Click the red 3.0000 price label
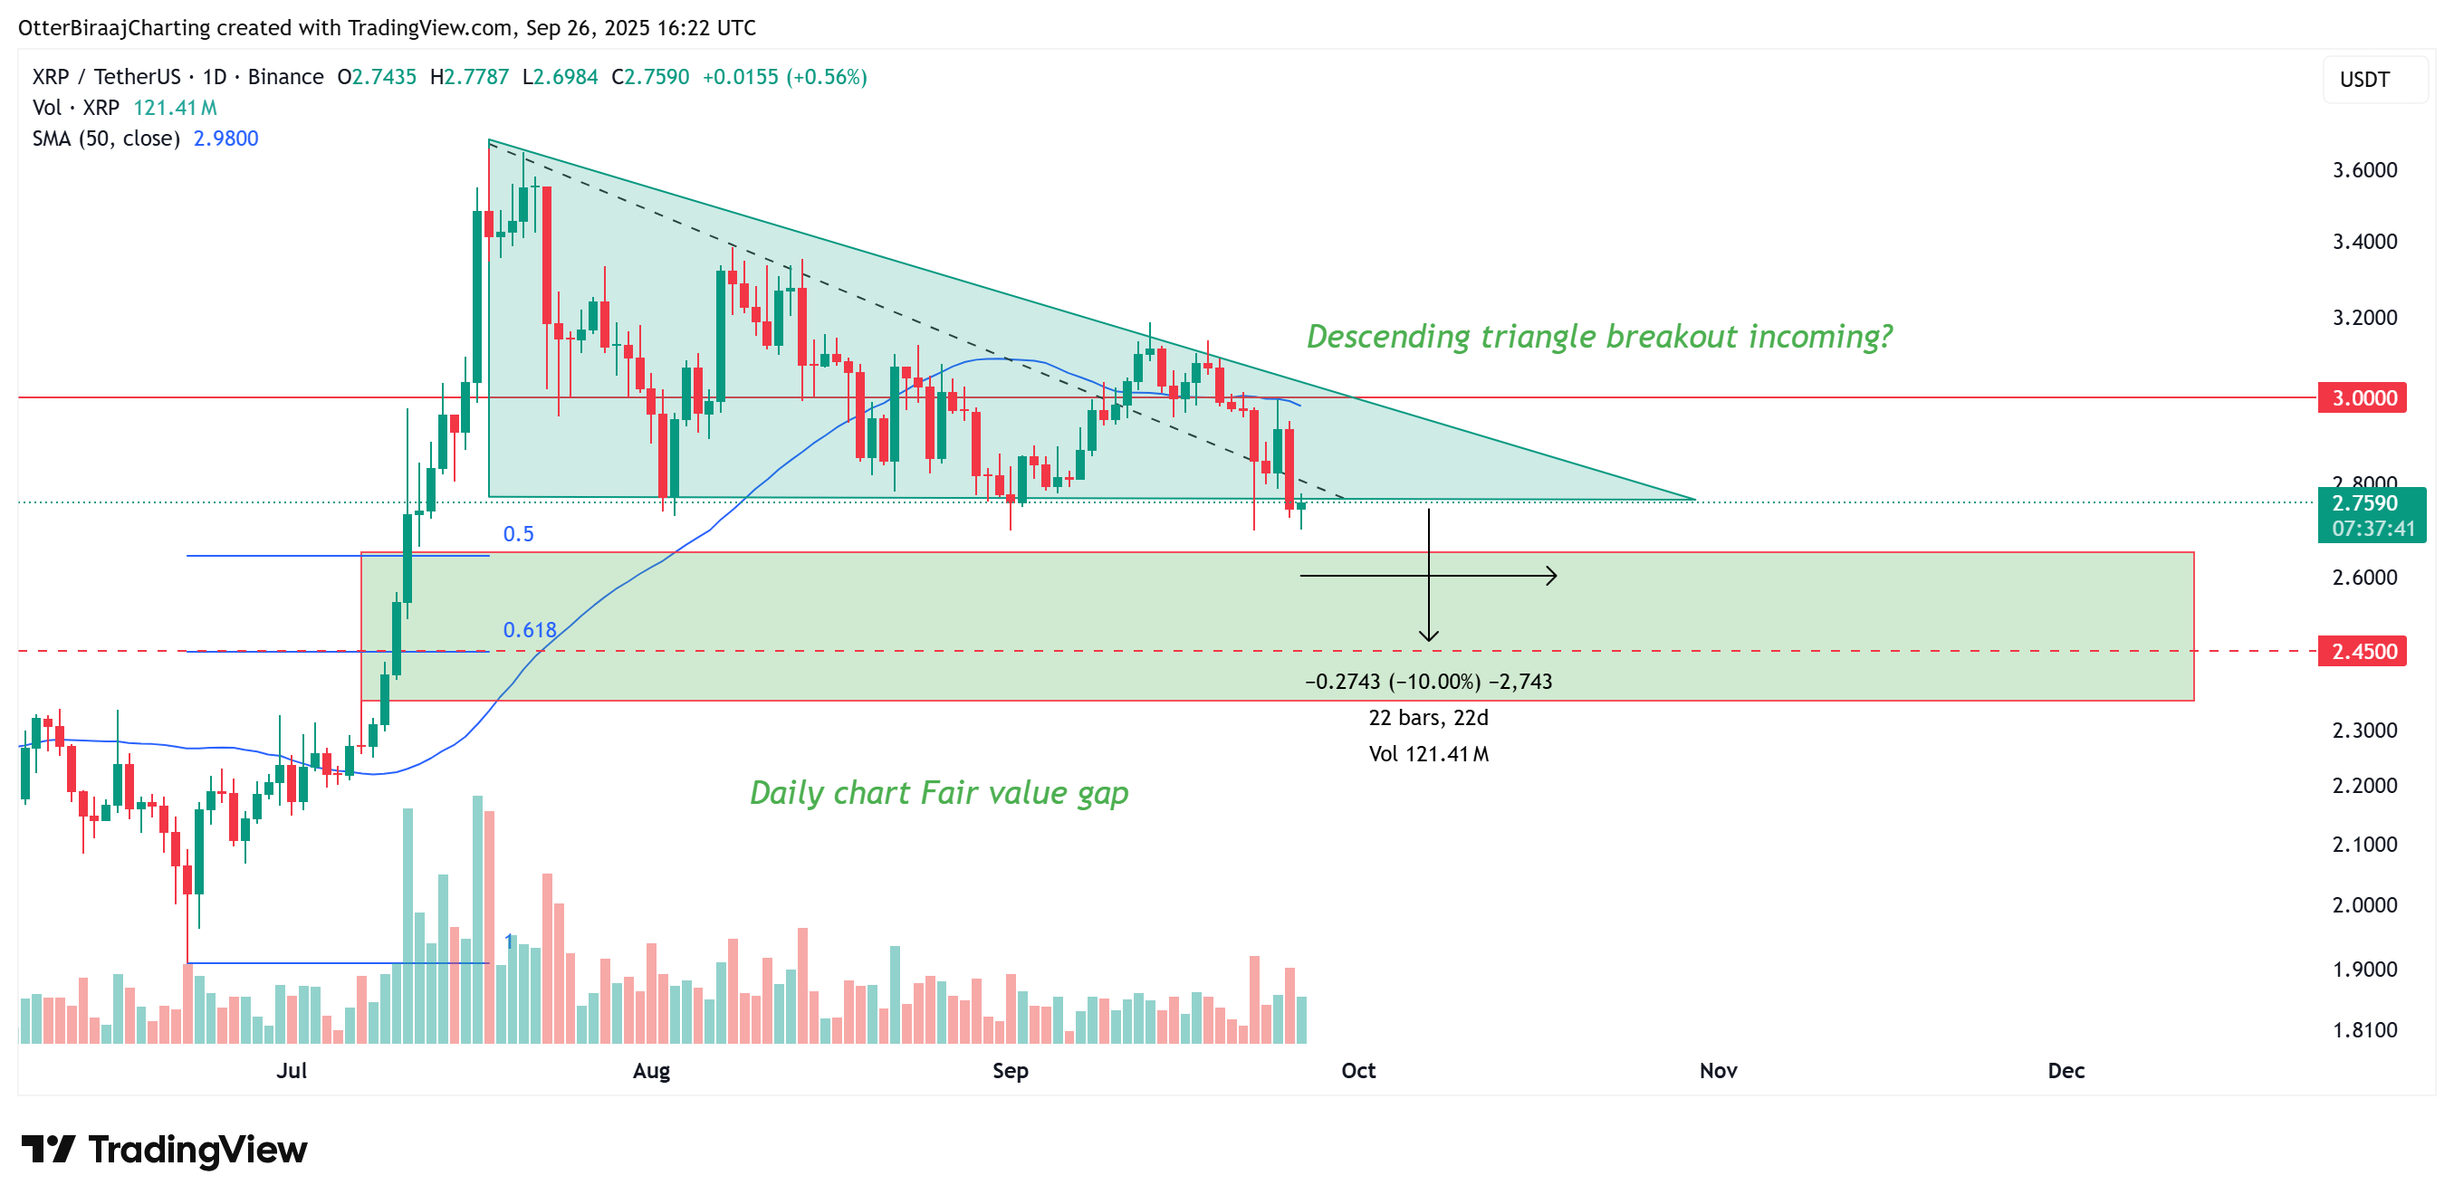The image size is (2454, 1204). (x=2363, y=398)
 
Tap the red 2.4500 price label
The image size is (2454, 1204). (x=2363, y=652)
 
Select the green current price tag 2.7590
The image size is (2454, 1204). (x=2370, y=504)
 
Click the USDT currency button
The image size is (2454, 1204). (x=2364, y=80)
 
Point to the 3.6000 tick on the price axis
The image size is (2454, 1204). (x=2364, y=170)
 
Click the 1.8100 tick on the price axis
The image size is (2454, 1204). (x=2364, y=1029)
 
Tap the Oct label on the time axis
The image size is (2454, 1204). (x=1357, y=1071)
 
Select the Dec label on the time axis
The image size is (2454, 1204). (x=2066, y=1071)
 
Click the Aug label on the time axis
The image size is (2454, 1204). (x=652, y=1071)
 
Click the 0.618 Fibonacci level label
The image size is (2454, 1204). (x=530, y=631)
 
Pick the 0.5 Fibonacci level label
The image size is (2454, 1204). (x=518, y=534)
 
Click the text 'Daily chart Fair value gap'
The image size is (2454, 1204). (x=938, y=792)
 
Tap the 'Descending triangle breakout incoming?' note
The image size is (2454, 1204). (x=1598, y=336)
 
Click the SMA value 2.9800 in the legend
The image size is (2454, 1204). (x=225, y=139)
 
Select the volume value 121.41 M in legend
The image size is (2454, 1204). (x=176, y=108)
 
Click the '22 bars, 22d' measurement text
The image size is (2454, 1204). (x=1428, y=718)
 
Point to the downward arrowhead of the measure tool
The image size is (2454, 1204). (x=1428, y=636)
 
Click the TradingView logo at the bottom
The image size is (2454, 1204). (x=164, y=1150)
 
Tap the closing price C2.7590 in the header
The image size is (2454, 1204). (x=651, y=77)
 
